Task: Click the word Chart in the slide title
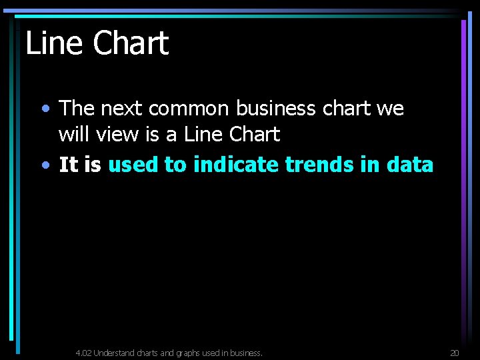(x=131, y=43)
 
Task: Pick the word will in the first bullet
(x=73, y=135)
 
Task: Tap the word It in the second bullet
(x=68, y=165)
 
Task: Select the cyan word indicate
(x=236, y=165)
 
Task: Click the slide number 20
(x=455, y=353)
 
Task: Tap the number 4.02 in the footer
(x=83, y=353)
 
